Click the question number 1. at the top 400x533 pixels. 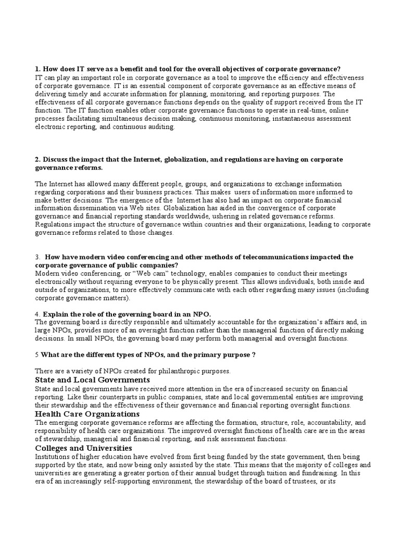point(38,69)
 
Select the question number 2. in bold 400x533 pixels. point(38,159)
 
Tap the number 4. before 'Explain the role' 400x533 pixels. point(37,314)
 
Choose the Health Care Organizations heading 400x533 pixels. point(87,414)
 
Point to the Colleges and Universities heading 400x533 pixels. point(83,448)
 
